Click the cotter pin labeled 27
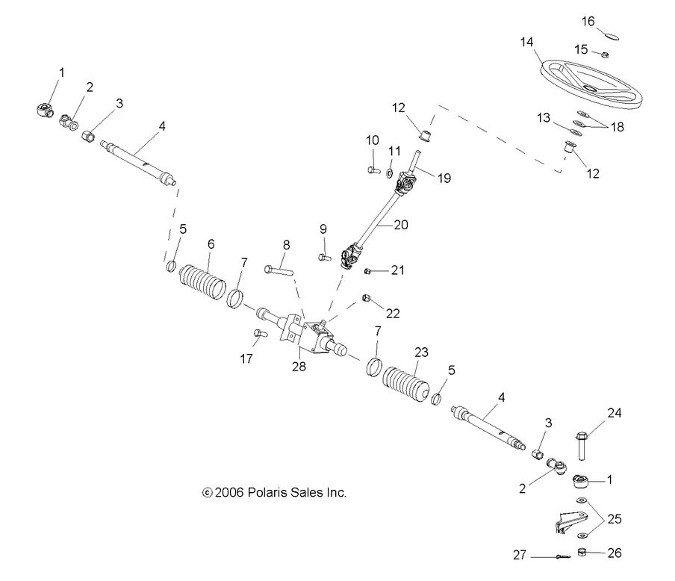point(547,556)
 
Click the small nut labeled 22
point(367,299)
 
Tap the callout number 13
point(543,118)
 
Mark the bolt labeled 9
point(324,257)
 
